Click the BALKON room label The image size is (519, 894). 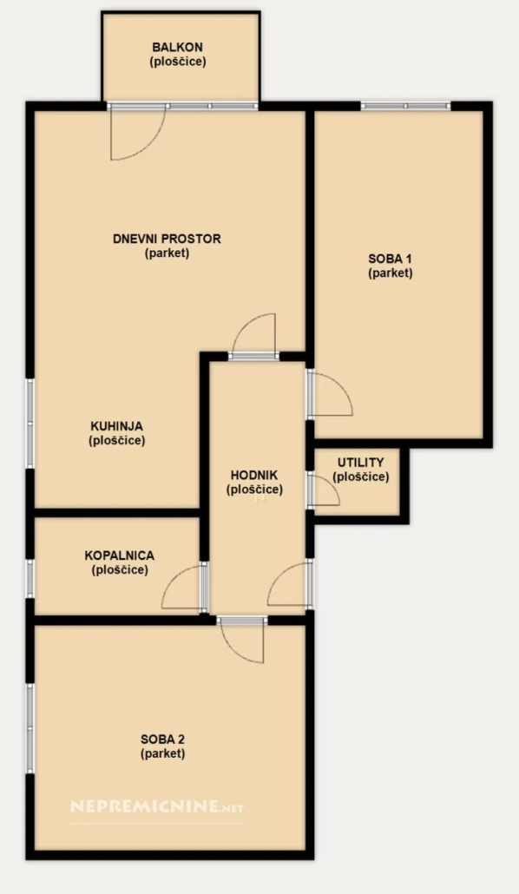coord(177,48)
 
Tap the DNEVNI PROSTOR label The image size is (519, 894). coord(168,239)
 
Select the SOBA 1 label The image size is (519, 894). coord(390,259)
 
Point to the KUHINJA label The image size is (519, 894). coord(117,426)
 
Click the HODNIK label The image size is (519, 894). coord(254,475)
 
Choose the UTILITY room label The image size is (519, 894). coord(360,463)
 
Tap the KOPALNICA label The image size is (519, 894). coord(119,555)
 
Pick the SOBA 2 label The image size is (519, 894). coord(162,740)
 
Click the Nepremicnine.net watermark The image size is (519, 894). coord(157,806)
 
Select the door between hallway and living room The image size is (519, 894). coord(253,337)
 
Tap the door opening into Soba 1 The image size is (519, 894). coord(330,394)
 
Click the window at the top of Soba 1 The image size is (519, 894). coord(406,106)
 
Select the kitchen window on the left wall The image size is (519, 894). coord(30,424)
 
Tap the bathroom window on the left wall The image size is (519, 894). coord(30,579)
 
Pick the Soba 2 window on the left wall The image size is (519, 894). coord(30,728)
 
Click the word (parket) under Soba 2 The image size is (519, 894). coord(162,753)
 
